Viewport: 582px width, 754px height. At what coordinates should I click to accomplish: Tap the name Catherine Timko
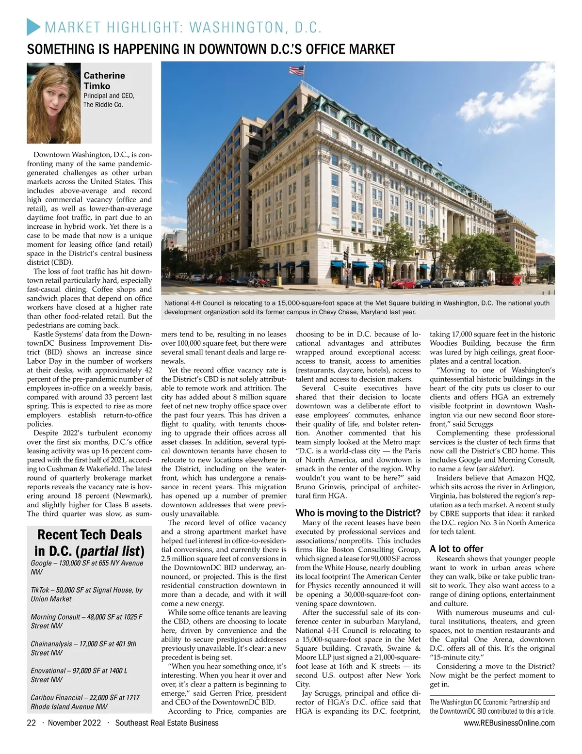pos(104,80)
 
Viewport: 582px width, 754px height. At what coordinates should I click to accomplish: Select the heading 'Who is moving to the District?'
pos(358,513)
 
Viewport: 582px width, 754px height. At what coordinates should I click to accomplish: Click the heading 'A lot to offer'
pos(456,548)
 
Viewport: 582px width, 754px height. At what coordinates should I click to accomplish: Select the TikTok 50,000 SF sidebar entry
pos(86,594)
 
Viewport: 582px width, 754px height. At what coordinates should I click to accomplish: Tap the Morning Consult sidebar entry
pos(86,621)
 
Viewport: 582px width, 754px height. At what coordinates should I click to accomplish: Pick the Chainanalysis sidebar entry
pos(83,648)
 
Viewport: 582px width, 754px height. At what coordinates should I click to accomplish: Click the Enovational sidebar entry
pos(79,675)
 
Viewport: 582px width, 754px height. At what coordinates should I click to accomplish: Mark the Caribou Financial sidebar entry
pos(85,702)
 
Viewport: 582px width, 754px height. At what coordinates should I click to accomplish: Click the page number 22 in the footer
pos(31,723)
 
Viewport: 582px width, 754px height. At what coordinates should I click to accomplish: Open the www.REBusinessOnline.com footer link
pos(509,723)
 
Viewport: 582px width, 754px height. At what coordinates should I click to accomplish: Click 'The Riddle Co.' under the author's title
pos(103,104)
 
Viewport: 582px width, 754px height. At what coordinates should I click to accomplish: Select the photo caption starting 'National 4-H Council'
pos(357,307)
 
